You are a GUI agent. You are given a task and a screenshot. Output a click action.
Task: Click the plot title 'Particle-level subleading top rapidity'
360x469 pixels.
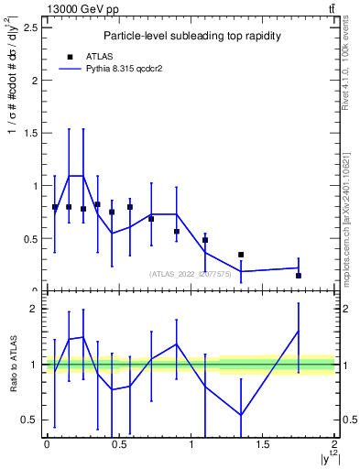click(191, 36)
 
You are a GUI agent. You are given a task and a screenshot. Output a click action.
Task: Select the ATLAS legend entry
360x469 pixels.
click(88, 55)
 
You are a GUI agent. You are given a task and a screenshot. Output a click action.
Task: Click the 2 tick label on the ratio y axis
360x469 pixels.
click(34, 309)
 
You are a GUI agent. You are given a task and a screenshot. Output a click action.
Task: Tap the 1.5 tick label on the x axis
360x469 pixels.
click(263, 444)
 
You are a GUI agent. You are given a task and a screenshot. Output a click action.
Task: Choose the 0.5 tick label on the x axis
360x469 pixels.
click(118, 444)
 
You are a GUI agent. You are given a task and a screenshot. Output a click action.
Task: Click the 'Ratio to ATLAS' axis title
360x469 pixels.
click(13, 365)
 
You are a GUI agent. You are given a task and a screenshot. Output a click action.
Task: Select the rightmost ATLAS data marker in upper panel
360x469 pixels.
click(299, 275)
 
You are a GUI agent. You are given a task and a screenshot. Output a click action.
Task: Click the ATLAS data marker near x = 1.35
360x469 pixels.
click(241, 255)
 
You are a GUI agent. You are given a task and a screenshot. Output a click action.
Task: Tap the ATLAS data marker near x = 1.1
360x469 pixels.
click(205, 240)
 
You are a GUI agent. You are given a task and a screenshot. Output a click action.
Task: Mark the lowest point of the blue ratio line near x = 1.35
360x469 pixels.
click(241, 415)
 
